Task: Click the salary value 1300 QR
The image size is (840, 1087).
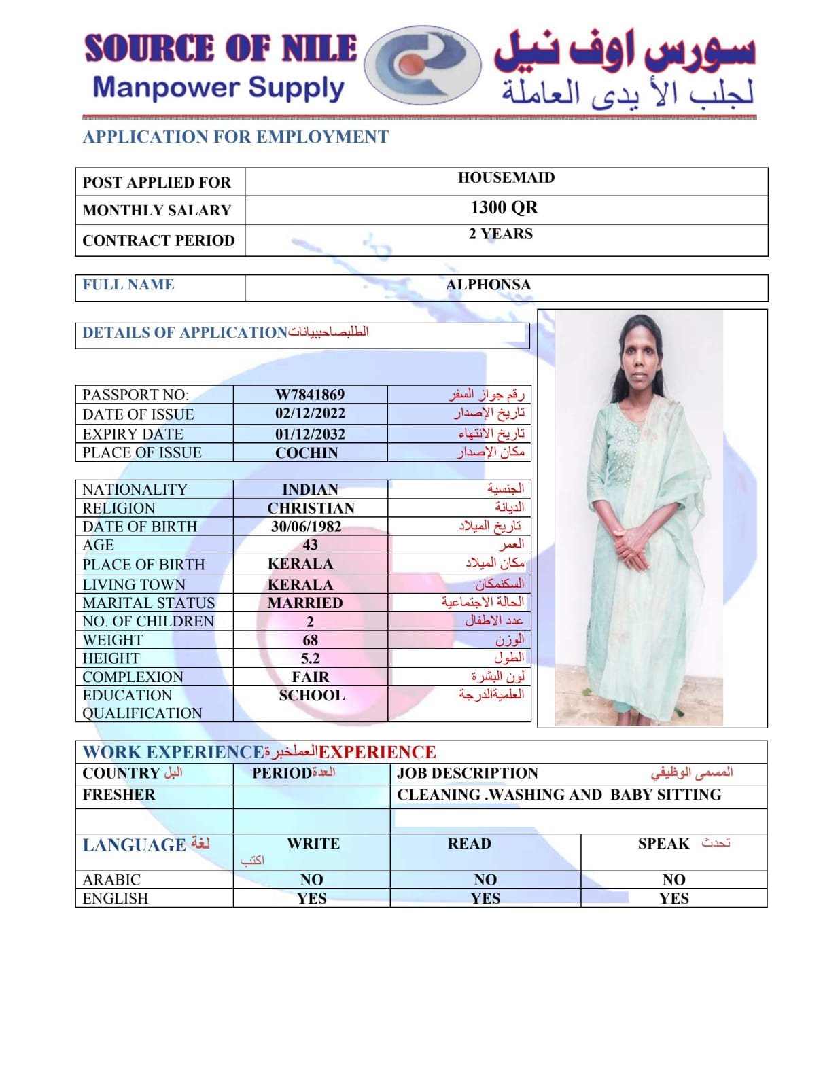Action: (504, 208)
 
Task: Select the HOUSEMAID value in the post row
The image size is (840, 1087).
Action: (506, 178)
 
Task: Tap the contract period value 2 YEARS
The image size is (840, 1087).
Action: (501, 234)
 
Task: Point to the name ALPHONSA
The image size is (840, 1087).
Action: (488, 285)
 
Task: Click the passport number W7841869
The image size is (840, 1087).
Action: (310, 395)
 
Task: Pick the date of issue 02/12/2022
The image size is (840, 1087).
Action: (310, 414)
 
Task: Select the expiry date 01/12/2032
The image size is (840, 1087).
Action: (310, 434)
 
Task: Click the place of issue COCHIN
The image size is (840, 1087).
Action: (307, 453)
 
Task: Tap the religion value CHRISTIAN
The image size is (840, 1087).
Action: (311, 508)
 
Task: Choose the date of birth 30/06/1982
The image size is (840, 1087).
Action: (307, 527)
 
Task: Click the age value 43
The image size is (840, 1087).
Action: (310, 545)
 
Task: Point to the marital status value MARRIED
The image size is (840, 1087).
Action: (305, 603)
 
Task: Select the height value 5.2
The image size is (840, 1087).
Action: (310, 658)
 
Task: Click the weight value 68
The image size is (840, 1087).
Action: (310, 640)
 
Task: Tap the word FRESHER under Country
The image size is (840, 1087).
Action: (119, 795)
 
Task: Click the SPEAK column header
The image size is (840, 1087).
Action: (663, 844)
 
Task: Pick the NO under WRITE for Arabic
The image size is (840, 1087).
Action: (312, 880)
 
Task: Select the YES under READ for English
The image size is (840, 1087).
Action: (485, 899)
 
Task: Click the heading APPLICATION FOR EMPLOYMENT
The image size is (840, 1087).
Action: (235, 137)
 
